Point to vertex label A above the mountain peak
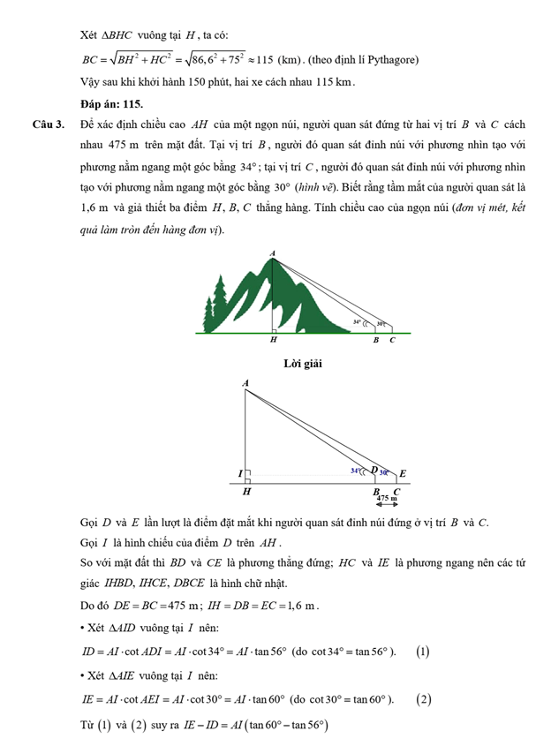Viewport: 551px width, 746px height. click(x=272, y=253)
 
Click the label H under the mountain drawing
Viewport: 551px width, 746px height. click(x=273, y=340)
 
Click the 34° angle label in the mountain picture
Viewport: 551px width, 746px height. click(x=357, y=323)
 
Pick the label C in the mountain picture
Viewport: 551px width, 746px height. click(x=392, y=340)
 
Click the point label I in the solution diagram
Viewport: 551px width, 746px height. click(x=239, y=474)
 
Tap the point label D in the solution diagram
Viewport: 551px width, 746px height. click(x=374, y=471)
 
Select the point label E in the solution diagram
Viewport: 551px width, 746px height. click(x=403, y=474)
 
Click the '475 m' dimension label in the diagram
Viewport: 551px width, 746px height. click(x=387, y=499)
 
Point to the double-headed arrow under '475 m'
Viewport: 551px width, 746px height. click(x=387, y=505)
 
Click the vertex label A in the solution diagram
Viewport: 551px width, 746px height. click(x=245, y=382)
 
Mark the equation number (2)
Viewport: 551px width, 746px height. click(x=425, y=699)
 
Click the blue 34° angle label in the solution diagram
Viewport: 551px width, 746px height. click(x=355, y=471)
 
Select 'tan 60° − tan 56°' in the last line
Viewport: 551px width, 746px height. click(x=283, y=725)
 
